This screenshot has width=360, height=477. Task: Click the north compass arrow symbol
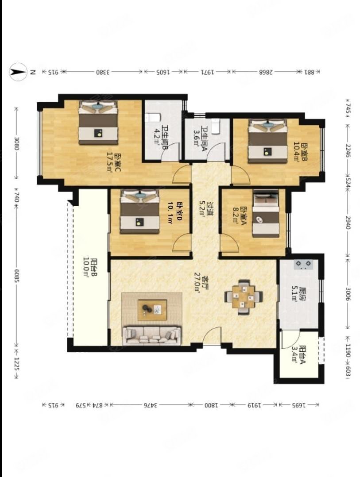pos(18,72)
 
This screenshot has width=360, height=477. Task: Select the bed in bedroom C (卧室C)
pos(98,123)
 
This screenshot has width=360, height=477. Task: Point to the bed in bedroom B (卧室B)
pos(267,141)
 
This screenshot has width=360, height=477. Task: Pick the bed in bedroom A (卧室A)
pos(266,214)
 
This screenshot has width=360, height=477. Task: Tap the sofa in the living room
pos(152,335)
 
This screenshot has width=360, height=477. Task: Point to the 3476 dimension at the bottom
pos(150,405)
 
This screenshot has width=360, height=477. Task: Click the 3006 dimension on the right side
pos(348,292)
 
